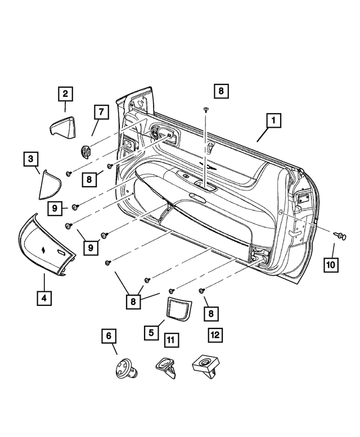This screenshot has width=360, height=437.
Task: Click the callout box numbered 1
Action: (x=273, y=121)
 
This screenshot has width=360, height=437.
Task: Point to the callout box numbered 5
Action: (x=151, y=332)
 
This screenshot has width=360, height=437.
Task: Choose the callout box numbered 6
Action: (x=109, y=336)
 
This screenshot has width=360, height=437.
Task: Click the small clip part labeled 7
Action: (x=86, y=150)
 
